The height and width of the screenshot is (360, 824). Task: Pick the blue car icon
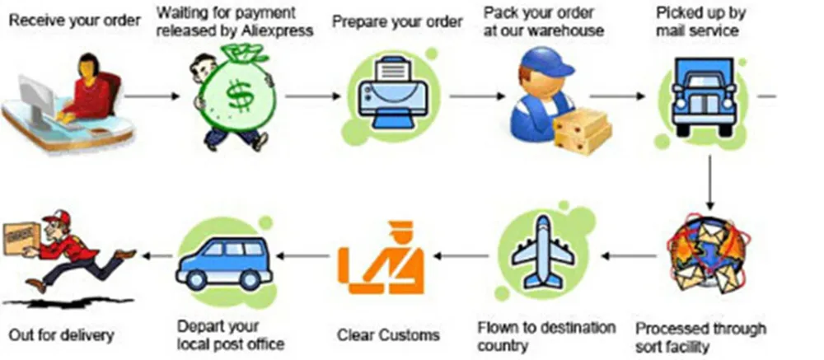(x=223, y=259)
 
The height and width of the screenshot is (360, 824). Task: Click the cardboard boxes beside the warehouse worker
(x=582, y=128)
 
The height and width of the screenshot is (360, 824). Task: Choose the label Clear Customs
(x=388, y=335)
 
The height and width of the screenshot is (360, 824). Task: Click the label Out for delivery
(x=61, y=335)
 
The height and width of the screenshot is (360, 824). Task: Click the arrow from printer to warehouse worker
(x=477, y=96)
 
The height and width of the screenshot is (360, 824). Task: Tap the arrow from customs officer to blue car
(x=306, y=256)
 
